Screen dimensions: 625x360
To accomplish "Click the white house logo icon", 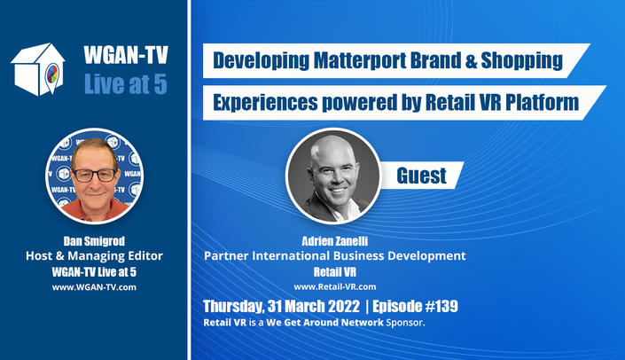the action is (38, 69).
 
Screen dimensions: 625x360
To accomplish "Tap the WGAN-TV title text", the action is (126, 55).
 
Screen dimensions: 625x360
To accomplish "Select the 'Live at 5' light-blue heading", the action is (126, 84).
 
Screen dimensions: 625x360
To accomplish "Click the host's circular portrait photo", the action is (95, 176).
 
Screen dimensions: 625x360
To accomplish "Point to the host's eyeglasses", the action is (95, 175).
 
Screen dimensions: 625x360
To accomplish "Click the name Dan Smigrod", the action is (94, 241).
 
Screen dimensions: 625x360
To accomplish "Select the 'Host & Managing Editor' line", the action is (95, 255).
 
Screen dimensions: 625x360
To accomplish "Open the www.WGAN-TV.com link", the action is (94, 287).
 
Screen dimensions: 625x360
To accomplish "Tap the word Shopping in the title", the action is (522, 61).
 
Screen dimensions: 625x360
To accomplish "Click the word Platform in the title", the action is (542, 103).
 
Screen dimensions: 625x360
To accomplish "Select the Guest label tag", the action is (421, 176).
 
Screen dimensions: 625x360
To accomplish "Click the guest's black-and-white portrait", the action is (333, 176).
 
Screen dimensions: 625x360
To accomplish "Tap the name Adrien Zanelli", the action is (335, 241).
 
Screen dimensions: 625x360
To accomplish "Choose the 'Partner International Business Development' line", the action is (335, 255).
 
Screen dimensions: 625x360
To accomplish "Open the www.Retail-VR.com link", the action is (335, 286).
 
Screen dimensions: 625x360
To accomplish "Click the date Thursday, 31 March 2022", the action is (281, 306).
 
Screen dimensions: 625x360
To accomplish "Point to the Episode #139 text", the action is (415, 306).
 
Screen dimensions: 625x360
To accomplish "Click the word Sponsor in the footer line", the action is (404, 323).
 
